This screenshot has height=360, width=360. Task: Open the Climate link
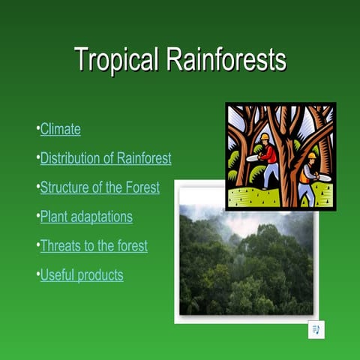[60, 129]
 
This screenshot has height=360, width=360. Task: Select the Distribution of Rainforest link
[105, 158]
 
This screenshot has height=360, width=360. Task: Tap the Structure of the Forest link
[99, 187]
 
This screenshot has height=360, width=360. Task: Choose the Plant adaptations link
[85, 217]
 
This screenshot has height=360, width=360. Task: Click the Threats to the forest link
[93, 246]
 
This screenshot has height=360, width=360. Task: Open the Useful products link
[81, 275]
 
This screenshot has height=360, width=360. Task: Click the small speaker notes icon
[316, 331]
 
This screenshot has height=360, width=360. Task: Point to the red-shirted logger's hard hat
[265, 137]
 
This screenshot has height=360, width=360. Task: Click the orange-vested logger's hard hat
[311, 156]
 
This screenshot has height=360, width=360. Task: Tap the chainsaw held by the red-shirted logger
[252, 158]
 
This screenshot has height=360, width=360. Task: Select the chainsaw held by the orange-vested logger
[323, 177]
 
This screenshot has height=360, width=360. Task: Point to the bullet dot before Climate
[37, 129]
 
